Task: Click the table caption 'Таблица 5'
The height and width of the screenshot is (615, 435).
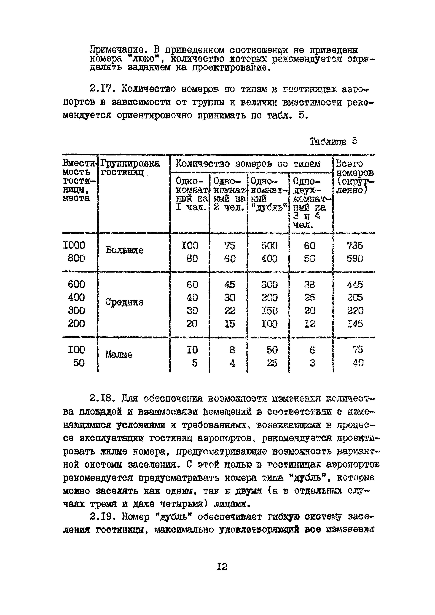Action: point(333,141)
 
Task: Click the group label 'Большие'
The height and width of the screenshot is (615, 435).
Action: point(125,250)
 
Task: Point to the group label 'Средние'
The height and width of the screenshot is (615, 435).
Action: point(124,302)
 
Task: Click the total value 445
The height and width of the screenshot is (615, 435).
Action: point(355,284)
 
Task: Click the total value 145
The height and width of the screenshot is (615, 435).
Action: point(355,324)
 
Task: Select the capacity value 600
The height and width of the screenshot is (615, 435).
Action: point(76,284)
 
